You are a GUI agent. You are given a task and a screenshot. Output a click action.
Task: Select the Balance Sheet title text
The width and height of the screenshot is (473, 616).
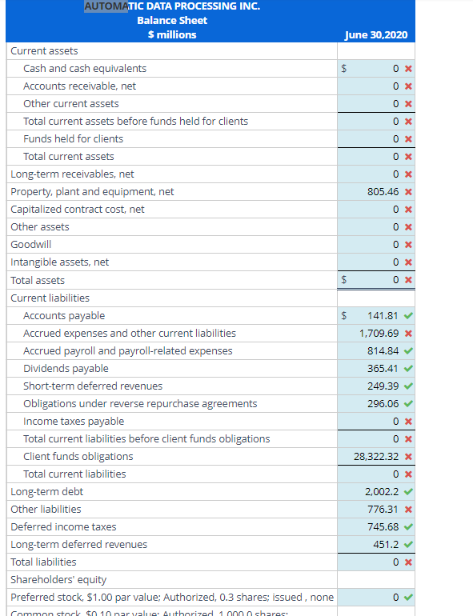172,20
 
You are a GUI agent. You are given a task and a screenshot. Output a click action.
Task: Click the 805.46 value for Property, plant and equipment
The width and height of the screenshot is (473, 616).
382,192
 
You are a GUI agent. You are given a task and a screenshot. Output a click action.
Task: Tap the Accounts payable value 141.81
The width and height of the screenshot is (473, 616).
382,316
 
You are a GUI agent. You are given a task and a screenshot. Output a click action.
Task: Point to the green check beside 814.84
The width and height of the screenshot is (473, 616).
408,351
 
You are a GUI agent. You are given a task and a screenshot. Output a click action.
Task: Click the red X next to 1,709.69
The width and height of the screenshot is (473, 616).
408,334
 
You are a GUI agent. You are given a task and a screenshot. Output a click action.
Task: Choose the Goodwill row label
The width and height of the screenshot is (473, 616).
30,245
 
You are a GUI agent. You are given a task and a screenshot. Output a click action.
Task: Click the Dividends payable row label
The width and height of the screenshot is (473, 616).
66,369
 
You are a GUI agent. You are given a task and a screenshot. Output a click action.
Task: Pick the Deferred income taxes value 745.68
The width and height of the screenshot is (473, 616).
382,526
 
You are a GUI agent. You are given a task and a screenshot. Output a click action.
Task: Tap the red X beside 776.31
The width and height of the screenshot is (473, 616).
408,509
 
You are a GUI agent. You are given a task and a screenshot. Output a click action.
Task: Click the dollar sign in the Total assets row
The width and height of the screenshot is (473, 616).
344,280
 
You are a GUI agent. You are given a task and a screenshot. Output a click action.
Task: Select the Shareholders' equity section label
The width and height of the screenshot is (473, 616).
58,579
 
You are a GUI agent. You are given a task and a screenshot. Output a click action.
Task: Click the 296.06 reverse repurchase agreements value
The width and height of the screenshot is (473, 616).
382,404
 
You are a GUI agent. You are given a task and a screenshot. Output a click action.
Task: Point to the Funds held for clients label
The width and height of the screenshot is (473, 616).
73,138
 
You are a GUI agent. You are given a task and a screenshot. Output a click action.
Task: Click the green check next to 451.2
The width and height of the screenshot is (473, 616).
408,544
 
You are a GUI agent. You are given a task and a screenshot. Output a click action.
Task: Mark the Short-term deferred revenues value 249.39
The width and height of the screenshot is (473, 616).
382,386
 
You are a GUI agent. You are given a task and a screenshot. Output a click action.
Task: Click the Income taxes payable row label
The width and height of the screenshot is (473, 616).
74,422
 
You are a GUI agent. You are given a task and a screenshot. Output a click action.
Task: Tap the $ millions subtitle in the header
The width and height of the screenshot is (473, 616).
172,34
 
